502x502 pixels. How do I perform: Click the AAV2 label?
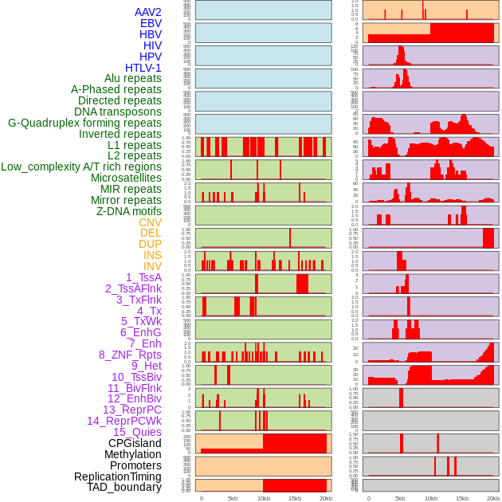[148, 12]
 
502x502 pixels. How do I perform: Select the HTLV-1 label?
[143, 68]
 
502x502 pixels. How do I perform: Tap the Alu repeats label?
[133, 79]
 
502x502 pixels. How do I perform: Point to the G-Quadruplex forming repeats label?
[84, 124]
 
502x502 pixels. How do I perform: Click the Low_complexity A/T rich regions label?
[81, 167]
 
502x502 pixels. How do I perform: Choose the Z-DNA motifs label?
[129, 211]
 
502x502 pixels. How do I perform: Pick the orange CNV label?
[150, 222]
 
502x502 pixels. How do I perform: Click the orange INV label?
[152, 266]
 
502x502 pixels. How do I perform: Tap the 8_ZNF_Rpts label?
[130, 355]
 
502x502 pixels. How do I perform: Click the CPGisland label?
[135, 443]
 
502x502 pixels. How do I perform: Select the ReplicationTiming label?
[118, 477]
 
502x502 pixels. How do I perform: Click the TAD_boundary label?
[124, 487]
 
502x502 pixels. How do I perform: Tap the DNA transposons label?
[118, 112]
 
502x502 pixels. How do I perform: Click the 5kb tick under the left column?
[233, 498]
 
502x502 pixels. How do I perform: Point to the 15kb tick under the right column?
[461, 498]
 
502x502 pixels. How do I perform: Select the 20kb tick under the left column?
[325, 498]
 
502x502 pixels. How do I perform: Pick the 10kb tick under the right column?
[431, 498]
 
